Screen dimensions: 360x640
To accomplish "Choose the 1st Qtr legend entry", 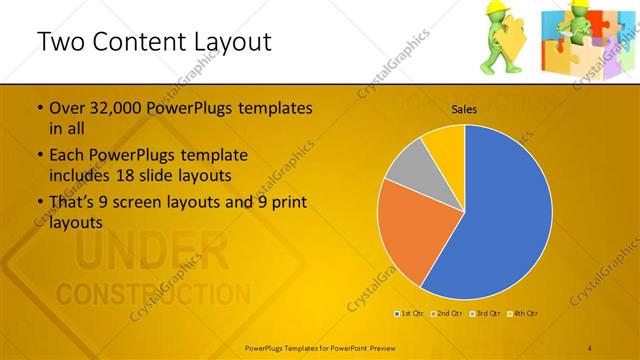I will coord(411,314).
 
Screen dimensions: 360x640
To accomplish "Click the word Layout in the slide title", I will coord(226,42).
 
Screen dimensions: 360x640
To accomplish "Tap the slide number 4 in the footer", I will coord(590,346).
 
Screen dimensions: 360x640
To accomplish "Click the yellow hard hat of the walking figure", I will coord(491,11).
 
